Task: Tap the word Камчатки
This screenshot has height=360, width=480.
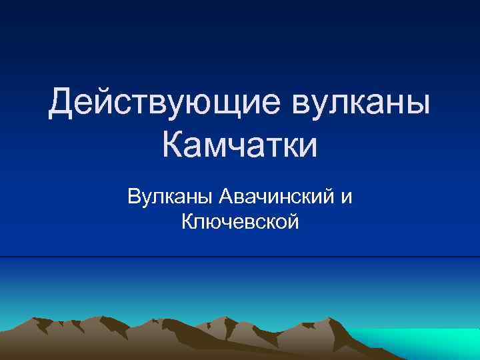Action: pyautogui.click(x=240, y=145)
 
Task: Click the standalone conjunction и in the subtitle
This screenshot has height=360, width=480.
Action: pyautogui.click(x=345, y=197)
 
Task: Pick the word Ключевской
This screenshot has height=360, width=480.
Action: pyautogui.click(x=240, y=221)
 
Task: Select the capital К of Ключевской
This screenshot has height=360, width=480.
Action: pyautogui.click(x=187, y=221)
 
